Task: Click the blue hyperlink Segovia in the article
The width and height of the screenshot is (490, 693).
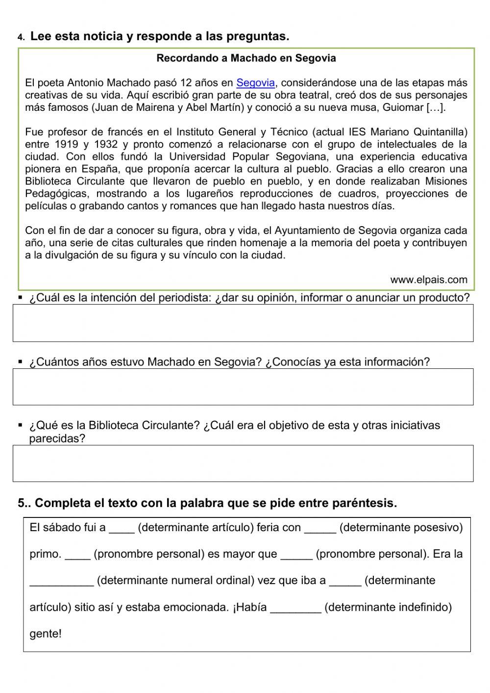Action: pyautogui.click(x=255, y=83)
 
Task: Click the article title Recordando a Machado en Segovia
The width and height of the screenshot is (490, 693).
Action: pyautogui.click(x=246, y=58)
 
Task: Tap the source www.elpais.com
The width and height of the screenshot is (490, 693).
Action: pyautogui.click(x=429, y=280)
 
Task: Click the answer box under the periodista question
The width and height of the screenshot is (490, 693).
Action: pyautogui.click(x=243, y=323)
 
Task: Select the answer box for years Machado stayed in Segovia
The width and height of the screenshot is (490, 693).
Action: pyautogui.click(x=243, y=386)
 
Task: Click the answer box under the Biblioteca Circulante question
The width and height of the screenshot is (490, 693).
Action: pyautogui.click(x=243, y=463)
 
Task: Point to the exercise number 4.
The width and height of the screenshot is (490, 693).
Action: pyautogui.click(x=20, y=37)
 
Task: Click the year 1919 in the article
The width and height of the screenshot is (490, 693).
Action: pyautogui.click(x=66, y=144)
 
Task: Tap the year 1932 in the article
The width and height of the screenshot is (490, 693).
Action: pyautogui.click(x=105, y=144)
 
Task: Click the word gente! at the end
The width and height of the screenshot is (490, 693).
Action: pyautogui.click(x=46, y=634)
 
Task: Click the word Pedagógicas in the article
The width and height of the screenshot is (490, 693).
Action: pyautogui.click(x=56, y=194)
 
